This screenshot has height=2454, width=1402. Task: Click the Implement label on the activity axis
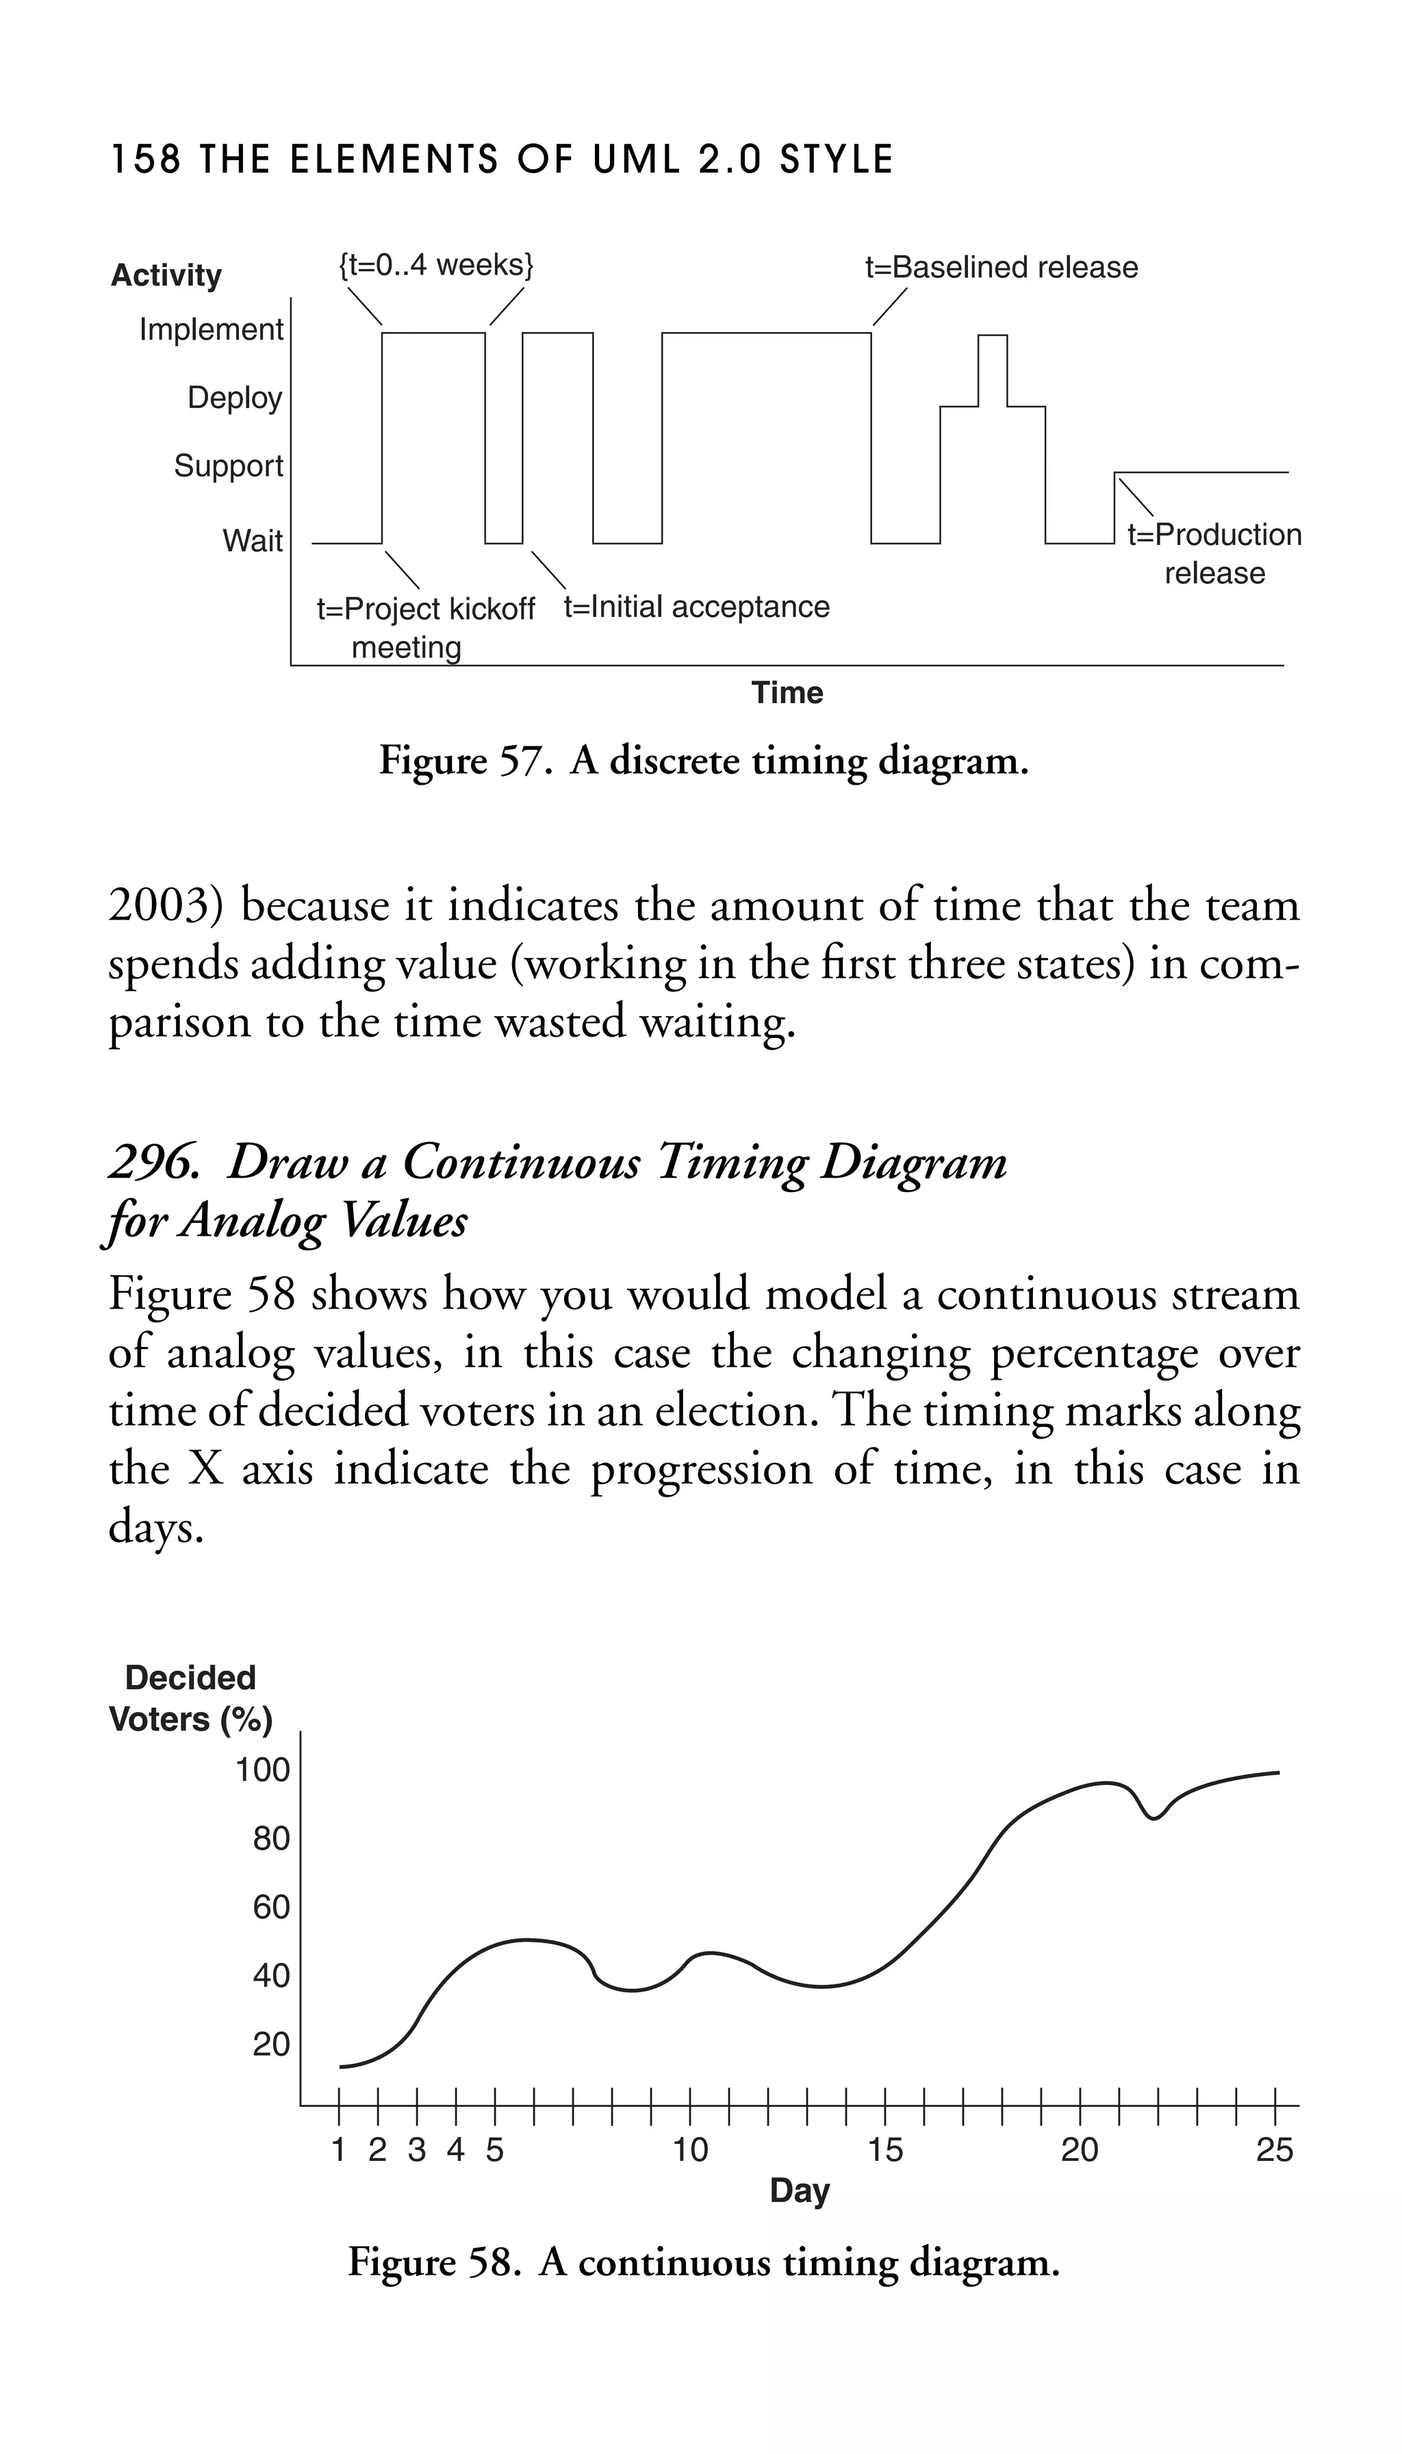[x=211, y=329]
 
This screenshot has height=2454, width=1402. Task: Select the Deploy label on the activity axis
[x=235, y=398]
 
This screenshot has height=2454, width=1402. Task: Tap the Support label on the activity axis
[x=228, y=466]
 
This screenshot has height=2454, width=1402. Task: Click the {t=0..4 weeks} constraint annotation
[x=435, y=265]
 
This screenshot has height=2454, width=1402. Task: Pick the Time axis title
[x=787, y=692]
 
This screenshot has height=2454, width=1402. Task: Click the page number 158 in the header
[x=145, y=160]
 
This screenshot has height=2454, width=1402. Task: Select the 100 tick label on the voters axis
[x=263, y=1770]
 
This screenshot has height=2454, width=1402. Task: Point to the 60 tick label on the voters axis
[x=270, y=1907]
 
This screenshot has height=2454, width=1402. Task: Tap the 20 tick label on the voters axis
[x=270, y=2044]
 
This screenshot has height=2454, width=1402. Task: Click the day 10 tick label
[x=689, y=2150]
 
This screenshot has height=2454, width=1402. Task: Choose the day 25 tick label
[x=1274, y=2150]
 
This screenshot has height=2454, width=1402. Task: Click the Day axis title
[x=799, y=2190]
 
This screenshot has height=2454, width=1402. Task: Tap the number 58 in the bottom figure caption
[x=492, y=2262]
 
